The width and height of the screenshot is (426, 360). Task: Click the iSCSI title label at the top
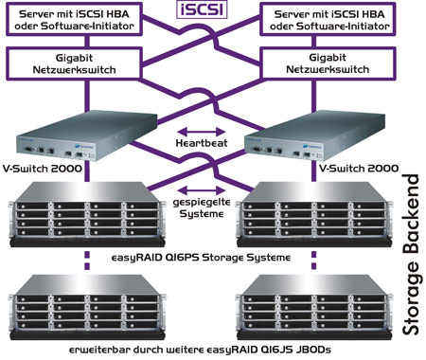(202, 9)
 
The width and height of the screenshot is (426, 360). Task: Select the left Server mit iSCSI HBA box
(74, 20)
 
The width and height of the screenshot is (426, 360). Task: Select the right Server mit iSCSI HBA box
(328, 20)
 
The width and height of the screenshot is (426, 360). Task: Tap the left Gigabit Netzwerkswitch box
(74, 63)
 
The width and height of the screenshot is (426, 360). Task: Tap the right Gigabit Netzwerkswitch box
(328, 63)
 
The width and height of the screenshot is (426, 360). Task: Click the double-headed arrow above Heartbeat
(202, 132)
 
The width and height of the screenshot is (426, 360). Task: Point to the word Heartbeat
(202, 143)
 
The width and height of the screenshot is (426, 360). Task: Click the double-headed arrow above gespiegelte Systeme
(202, 190)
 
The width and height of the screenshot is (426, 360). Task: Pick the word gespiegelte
(202, 203)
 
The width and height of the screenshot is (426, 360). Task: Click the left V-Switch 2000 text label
(43, 169)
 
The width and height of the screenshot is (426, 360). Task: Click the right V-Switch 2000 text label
(359, 169)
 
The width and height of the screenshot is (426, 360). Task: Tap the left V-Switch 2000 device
(87, 135)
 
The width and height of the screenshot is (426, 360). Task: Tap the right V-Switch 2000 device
(314, 135)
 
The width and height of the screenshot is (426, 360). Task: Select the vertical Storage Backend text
(411, 255)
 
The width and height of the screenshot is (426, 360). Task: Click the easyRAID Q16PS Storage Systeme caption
(201, 258)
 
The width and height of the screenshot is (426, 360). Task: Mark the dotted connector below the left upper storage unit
(87, 261)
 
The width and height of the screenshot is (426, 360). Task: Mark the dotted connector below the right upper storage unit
(313, 261)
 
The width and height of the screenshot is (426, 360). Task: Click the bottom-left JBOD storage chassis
(87, 307)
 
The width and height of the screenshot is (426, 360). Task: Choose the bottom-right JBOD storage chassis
(314, 307)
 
